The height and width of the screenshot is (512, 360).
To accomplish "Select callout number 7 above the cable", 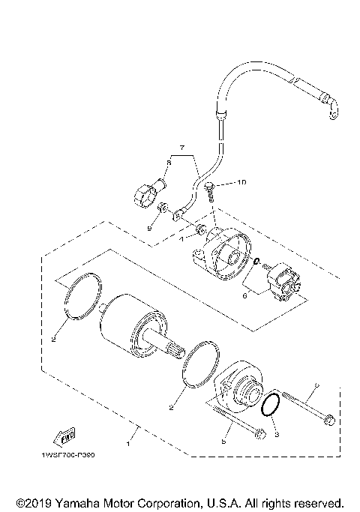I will point(181,147).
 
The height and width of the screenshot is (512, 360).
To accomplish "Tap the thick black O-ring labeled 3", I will point(271,405).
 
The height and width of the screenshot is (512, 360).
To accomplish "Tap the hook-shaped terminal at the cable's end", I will point(330,109).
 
